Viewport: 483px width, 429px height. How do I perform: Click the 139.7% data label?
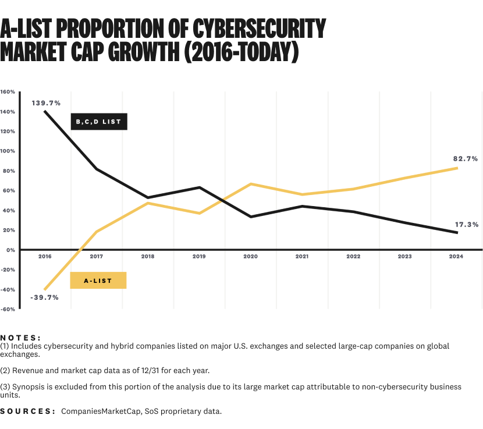46,103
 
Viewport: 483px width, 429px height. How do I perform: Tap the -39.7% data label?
45,297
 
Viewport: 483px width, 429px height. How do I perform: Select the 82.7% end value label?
466,158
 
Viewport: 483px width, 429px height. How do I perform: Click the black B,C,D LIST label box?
98,122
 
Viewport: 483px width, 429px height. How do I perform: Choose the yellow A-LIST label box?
98,281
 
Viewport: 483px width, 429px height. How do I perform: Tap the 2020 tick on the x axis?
250,257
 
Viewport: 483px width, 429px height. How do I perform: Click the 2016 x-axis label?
45,257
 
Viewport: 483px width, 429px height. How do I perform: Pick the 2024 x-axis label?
457,257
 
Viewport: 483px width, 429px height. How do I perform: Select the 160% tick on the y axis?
8,92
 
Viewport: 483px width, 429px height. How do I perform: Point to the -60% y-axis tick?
8,309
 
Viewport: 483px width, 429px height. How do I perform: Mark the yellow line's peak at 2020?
251,184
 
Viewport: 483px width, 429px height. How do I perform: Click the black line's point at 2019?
200,187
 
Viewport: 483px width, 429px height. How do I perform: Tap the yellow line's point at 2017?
96,232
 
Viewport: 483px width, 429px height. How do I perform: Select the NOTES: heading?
21,337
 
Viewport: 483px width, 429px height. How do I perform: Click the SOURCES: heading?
28,412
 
